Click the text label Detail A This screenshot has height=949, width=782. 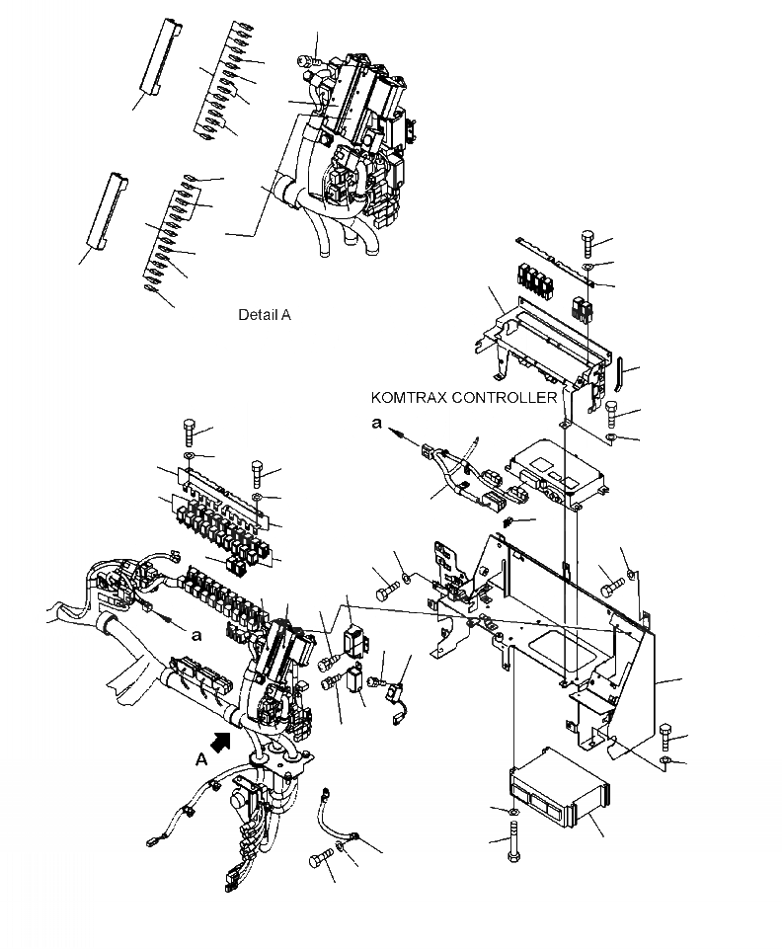(x=264, y=316)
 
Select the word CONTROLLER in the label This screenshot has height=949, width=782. (x=509, y=398)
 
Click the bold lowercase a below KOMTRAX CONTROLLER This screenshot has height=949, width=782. (x=375, y=423)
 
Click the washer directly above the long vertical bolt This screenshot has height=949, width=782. (x=513, y=812)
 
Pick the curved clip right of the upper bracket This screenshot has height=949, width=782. (x=619, y=376)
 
